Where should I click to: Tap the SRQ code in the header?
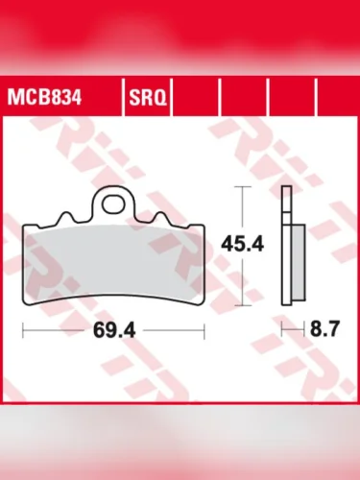coord(146,97)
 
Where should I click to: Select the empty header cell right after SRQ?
coord(197,97)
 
